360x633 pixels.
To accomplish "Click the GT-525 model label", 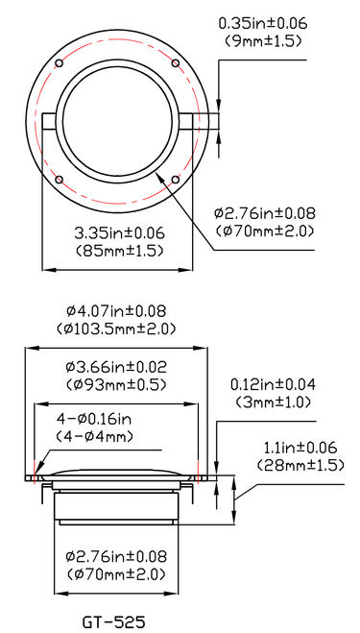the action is [114, 622].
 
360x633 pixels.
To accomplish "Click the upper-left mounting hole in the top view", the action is [59, 63].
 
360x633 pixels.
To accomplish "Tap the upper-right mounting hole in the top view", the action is [176, 63].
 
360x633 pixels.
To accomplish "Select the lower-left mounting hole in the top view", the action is [59, 180].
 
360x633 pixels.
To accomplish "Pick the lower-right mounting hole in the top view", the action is [176, 180].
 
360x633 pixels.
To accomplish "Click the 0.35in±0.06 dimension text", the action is [263, 23].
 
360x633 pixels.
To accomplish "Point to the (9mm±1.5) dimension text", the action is [263, 41].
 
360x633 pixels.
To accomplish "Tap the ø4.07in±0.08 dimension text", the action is [116, 311].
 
